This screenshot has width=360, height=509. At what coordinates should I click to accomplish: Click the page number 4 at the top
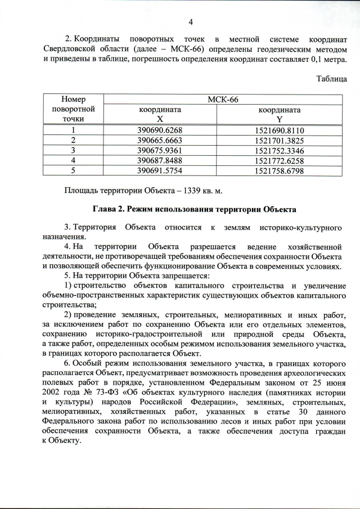(191, 22)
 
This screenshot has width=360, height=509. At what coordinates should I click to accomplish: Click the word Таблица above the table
(332, 79)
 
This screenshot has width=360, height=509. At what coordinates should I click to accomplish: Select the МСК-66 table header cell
(223, 100)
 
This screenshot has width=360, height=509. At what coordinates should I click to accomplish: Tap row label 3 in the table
(73, 150)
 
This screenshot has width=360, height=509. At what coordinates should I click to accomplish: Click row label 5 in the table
(73, 170)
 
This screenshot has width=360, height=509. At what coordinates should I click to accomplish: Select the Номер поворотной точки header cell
(73, 109)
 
